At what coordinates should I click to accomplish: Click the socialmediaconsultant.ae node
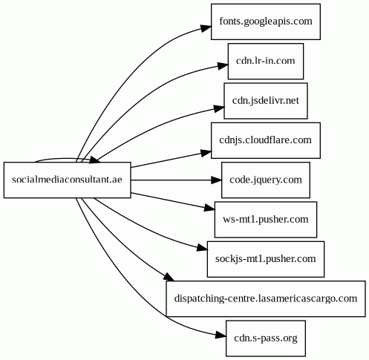click(67, 180)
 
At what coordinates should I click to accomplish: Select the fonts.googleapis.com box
click(266, 22)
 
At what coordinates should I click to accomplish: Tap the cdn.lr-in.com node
click(266, 61)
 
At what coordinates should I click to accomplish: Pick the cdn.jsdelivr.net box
click(266, 101)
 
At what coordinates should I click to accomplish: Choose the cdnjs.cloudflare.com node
click(266, 140)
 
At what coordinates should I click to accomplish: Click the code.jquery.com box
click(266, 180)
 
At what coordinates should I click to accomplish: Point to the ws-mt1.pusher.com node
click(266, 220)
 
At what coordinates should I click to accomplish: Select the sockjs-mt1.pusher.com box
click(266, 259)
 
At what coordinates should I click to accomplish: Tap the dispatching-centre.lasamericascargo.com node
click(266, 298)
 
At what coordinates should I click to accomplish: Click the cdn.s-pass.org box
click(266, 338)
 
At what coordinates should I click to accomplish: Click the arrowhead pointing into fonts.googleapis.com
click(206, 27)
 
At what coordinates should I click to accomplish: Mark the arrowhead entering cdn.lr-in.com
click(223, 66)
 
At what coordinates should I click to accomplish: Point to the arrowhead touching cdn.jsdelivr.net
click(219, 108)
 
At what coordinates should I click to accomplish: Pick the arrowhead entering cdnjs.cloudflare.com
click(206, 153)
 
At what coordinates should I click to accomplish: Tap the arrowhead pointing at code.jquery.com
click(216, 180)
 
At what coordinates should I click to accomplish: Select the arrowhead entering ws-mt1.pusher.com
click(209, 208)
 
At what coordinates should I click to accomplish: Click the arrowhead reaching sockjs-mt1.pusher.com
click(202, 248)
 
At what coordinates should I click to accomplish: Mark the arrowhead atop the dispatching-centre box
click(169, 277)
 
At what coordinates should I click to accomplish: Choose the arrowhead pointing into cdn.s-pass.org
click(221, 336)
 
